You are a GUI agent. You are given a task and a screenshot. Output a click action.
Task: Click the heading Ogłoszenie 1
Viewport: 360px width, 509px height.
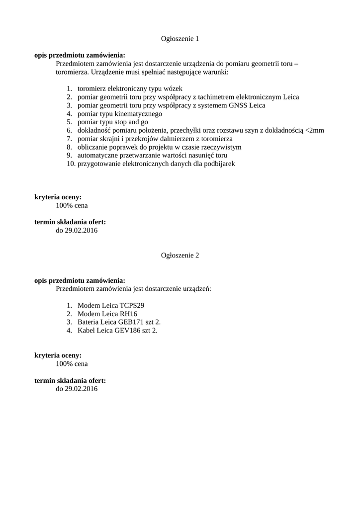pos(180,38)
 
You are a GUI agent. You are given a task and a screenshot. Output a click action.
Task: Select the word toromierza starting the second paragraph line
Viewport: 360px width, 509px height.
pos(72,72)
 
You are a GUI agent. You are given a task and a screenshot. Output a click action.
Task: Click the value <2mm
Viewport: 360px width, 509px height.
pos(315,130)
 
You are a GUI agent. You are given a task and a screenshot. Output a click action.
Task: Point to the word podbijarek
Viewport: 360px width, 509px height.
pos(218,164)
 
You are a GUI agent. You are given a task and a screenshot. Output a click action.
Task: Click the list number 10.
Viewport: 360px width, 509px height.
pos(71,164)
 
